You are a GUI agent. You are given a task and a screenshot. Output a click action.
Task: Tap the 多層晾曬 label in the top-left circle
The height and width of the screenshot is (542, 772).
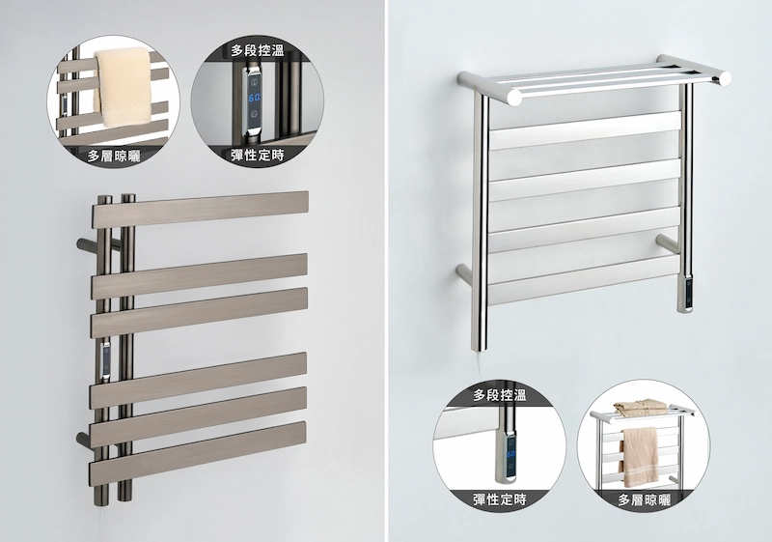coord(114,157)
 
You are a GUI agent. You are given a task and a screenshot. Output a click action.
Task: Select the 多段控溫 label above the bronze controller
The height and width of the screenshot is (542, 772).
coord(258,50)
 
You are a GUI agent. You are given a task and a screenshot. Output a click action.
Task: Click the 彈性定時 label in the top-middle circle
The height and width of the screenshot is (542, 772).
coord(258,156)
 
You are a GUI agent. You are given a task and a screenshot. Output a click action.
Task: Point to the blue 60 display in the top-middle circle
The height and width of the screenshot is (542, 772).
coord(255,98)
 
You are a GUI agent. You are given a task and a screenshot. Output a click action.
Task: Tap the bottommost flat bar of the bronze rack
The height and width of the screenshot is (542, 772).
coord(198,452)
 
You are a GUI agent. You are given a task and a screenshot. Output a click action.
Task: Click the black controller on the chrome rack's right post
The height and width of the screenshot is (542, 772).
coord(686,294)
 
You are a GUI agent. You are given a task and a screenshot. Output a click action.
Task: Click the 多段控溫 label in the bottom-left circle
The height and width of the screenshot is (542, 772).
coord(500,395)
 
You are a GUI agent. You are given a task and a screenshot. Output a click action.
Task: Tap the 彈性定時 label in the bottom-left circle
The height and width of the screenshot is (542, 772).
coord(500,499)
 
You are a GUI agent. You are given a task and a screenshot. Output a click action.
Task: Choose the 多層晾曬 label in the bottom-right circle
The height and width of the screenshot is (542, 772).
coord(645,500)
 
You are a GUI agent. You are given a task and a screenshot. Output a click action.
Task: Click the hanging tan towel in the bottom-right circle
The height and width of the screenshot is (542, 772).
coord(640,456)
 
